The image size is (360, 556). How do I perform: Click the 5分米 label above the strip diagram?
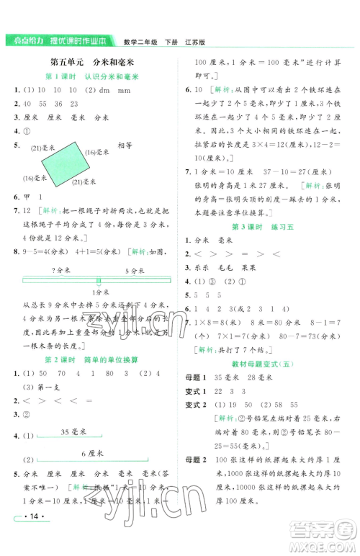(135, 269)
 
